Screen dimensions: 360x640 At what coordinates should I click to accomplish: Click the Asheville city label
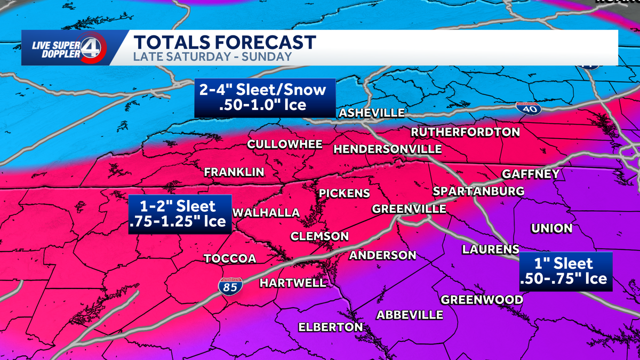click(372, 113)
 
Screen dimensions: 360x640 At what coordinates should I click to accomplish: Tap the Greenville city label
click(409, 209)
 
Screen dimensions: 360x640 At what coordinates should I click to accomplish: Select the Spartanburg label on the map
click(478, 191)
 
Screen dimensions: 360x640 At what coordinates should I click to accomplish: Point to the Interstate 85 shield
click(230, 286)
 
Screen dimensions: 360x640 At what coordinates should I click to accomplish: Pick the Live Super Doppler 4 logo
click(65, 48)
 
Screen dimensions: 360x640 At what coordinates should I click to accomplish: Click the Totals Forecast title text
click(224, 42)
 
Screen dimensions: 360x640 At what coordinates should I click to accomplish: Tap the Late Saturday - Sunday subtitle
click(212, 57)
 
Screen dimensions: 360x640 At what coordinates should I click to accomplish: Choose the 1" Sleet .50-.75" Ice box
click(566, 271)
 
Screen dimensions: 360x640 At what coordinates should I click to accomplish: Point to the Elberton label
click(330, 327)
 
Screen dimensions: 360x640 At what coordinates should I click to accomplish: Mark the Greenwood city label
click(482, 300)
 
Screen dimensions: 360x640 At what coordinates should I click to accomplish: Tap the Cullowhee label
click(285, 145)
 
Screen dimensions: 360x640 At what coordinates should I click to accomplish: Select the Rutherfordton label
click(465, 132)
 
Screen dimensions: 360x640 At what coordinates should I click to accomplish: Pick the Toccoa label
click(230, 259)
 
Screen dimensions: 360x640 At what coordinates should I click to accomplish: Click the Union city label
click(551, 228)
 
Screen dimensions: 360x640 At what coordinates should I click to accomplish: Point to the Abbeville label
click(410, 315)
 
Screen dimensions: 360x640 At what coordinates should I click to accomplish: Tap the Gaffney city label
click(531, 174)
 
